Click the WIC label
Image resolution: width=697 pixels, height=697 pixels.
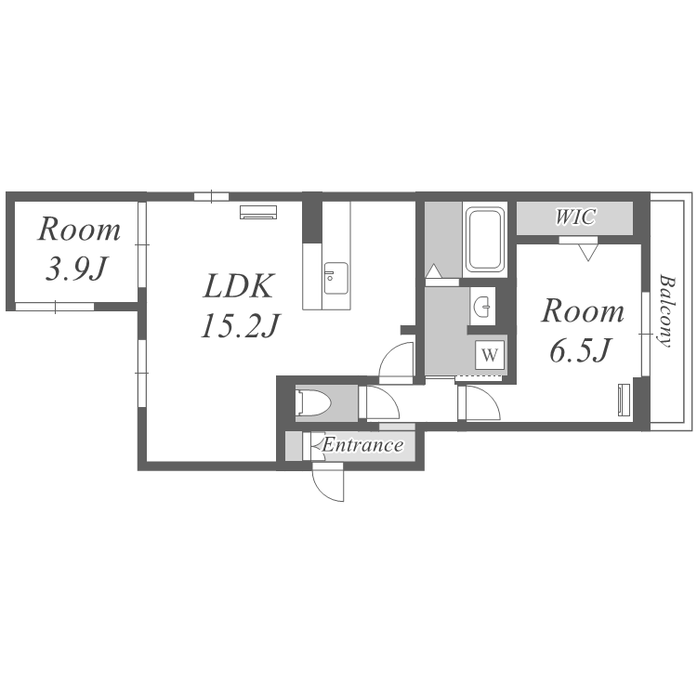(575, 217)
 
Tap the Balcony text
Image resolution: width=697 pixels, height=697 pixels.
(665, 310)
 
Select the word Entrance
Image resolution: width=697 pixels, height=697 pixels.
(363, 445)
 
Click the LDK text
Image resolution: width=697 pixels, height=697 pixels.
(238, 286)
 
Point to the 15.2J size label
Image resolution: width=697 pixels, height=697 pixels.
(241, 326)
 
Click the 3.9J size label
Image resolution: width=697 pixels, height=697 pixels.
(77, 269)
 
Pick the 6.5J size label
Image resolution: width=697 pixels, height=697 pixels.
(580, 349)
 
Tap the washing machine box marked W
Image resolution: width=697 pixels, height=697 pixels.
(490, 355)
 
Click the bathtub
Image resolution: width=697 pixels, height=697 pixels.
(484, 240)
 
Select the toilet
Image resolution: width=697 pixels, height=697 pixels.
(314, 403)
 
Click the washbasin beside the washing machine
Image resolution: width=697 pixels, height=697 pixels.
(482, 307)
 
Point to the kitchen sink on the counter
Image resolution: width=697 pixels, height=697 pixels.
(335, 278)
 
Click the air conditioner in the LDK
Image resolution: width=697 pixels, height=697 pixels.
(258, 212)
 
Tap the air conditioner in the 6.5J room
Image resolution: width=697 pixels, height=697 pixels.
(625, 400)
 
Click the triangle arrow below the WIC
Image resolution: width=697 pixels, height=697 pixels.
(588, 254)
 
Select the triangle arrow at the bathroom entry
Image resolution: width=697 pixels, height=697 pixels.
(434, 270)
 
